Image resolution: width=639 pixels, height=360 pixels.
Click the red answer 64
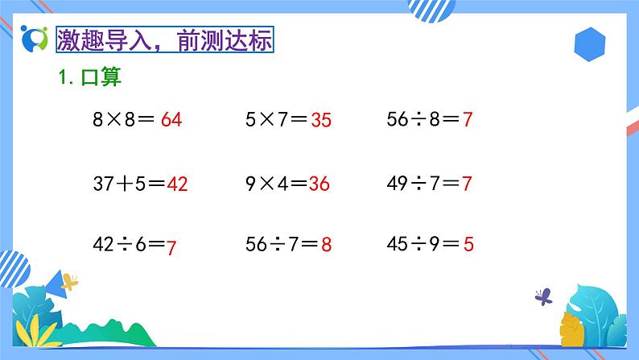click(171, 121)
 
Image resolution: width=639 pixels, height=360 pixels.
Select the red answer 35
click(320, 121)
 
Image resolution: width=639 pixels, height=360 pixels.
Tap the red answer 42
click(176, 184)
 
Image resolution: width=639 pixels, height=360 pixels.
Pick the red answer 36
click(319, 184)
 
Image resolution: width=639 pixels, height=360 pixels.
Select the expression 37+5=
click(129, 184)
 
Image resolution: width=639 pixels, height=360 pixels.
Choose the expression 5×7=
click(276, 121)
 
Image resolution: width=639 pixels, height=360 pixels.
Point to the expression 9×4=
click(276, 184)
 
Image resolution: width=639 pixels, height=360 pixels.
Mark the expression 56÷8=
click(423, 121)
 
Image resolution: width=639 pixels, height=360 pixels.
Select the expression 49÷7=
click(423, 184)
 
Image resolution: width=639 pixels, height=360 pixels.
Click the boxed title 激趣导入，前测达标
click(165, 39)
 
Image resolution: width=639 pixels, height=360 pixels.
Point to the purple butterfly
click(544, 296)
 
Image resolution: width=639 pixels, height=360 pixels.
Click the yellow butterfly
click(70, 282)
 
